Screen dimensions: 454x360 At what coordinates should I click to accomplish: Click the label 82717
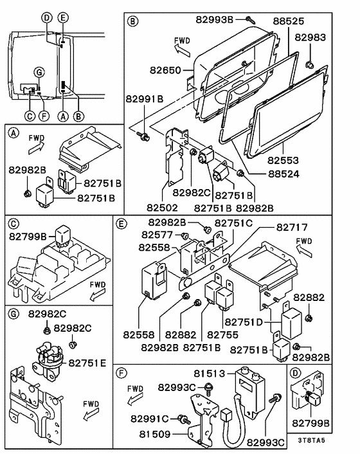(292, 227)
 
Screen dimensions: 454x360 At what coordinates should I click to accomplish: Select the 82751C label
(235, 224)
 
